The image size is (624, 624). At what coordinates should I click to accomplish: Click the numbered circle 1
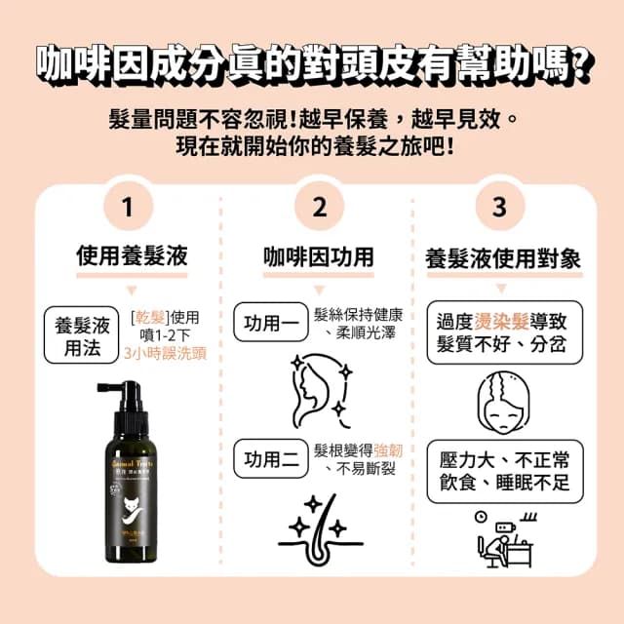click(127, 207)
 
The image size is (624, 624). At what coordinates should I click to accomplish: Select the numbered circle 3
click(500, 207)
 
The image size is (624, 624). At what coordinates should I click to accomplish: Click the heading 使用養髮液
click(132, 256)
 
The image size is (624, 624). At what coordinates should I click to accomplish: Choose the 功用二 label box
click(268, 459)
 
